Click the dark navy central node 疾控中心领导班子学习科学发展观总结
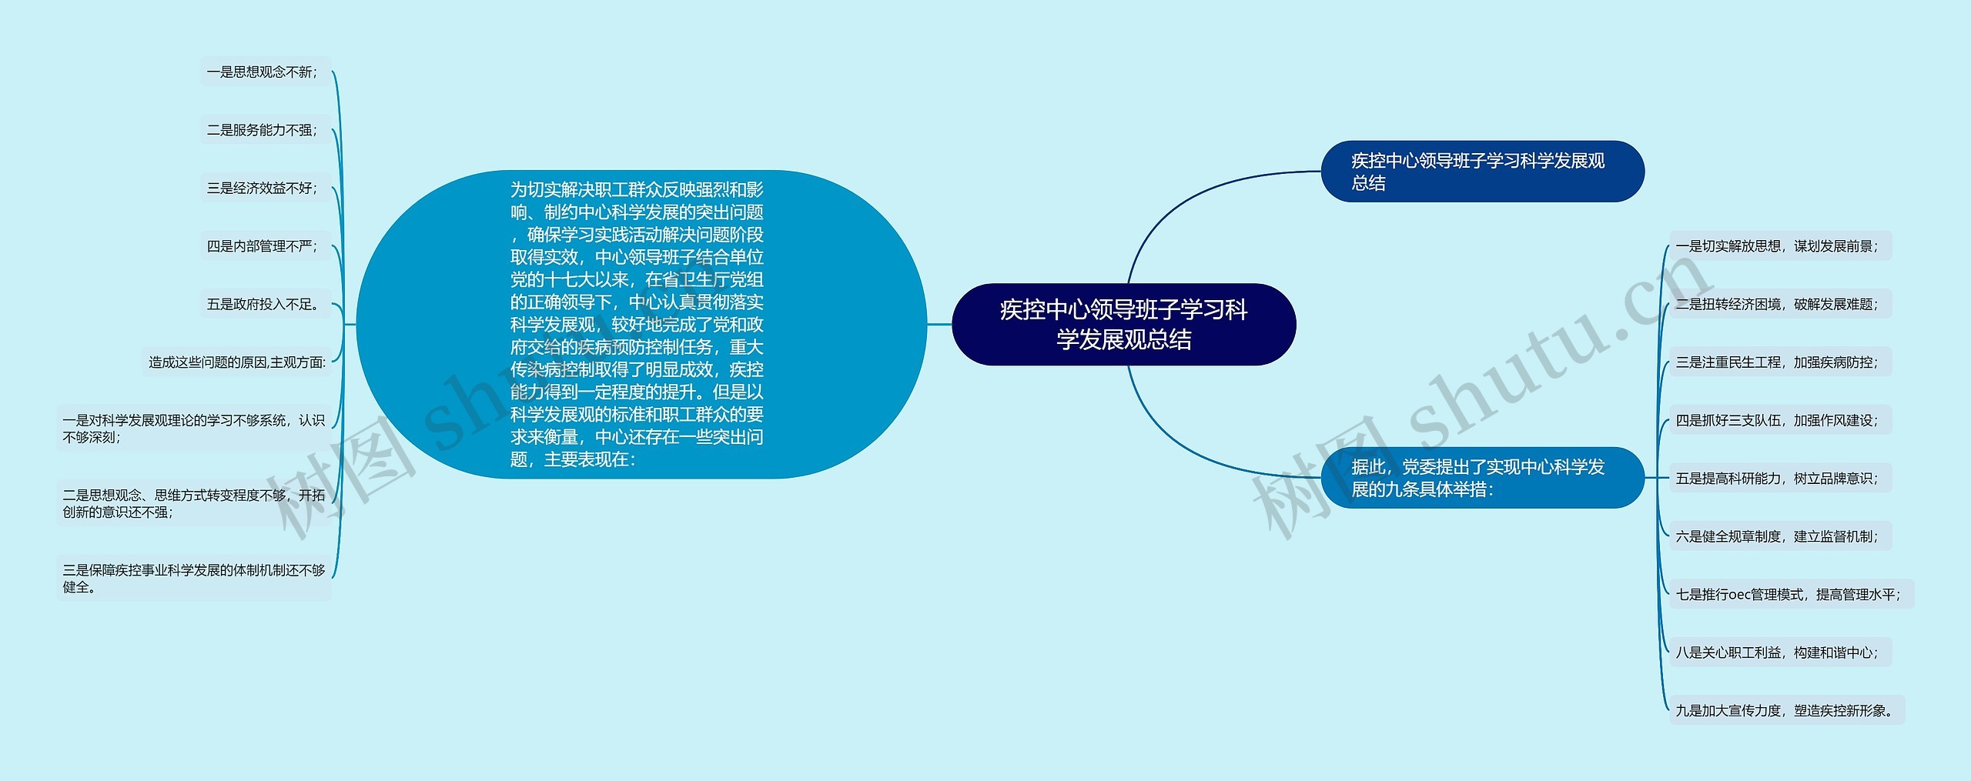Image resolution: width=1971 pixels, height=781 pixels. coord(1123,324)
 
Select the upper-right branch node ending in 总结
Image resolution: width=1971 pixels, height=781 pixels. coord(1481,172)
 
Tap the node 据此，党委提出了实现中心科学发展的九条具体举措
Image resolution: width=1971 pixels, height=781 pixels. coord(1481,478)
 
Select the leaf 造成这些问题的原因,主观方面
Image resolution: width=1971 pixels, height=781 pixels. coord(236,362)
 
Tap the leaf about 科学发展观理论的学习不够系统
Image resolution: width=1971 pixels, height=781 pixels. coord(193,429)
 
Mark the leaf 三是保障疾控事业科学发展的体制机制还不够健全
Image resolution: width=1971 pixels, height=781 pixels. coord(193,579)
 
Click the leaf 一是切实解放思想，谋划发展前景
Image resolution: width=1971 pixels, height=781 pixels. coord(1779,246)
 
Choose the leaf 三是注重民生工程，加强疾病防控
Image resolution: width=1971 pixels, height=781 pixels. coord(1779,362)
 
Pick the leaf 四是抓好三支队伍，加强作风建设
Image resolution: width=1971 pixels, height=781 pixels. coord(1779,420)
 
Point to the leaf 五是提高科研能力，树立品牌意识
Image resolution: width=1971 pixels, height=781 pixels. coord(1779,479)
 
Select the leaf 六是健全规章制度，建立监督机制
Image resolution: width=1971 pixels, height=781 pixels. coord(1779,536)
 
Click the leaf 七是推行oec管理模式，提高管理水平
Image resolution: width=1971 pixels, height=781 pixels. coord(1790,595)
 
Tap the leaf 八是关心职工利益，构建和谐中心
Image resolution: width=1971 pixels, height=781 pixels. coord(1779,653)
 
